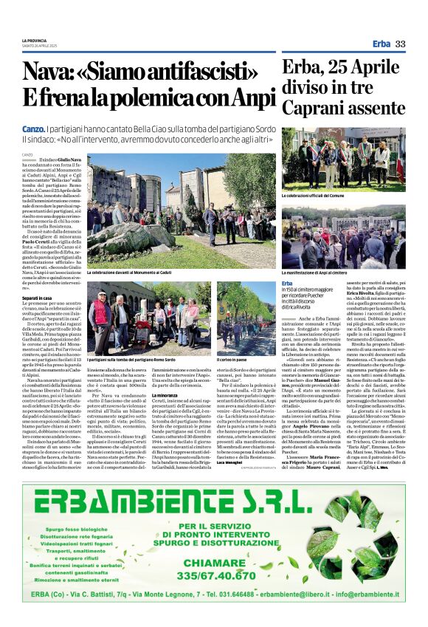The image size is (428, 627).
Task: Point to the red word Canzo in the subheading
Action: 33,129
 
